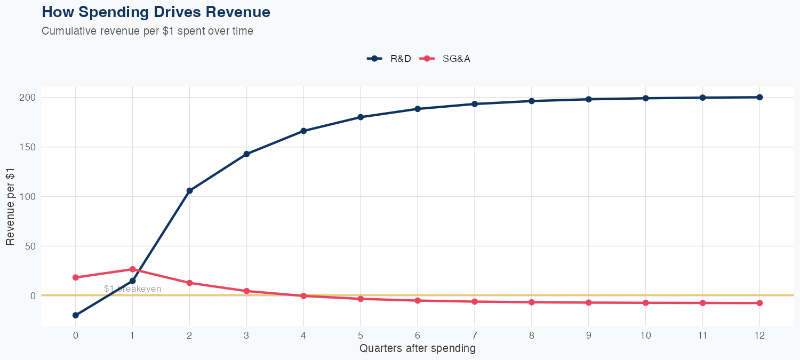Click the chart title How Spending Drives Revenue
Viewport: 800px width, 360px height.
click(156, 12)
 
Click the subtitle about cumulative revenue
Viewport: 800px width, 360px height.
click(147, 31)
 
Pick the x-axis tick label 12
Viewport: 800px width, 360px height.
click(759, 335)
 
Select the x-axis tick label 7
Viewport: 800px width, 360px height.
click(475, 335)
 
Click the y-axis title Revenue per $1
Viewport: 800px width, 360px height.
click(10, 206)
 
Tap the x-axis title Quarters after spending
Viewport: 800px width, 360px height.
click(417, 349)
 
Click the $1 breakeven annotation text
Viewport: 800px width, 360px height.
click(132, 289)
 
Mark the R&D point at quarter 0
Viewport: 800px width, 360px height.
click(76, 315)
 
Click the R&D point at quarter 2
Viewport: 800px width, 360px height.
click(189, 190)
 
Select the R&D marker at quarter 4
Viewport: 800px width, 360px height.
click(303, 131)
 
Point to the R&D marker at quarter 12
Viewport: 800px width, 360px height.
click(759, 97)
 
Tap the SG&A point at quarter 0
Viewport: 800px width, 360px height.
click(76, 277)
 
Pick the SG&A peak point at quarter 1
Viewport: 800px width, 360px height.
click(132, 269)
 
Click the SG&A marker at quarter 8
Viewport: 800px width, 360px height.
click(532, 302)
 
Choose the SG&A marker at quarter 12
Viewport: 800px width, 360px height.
click(759, 303)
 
